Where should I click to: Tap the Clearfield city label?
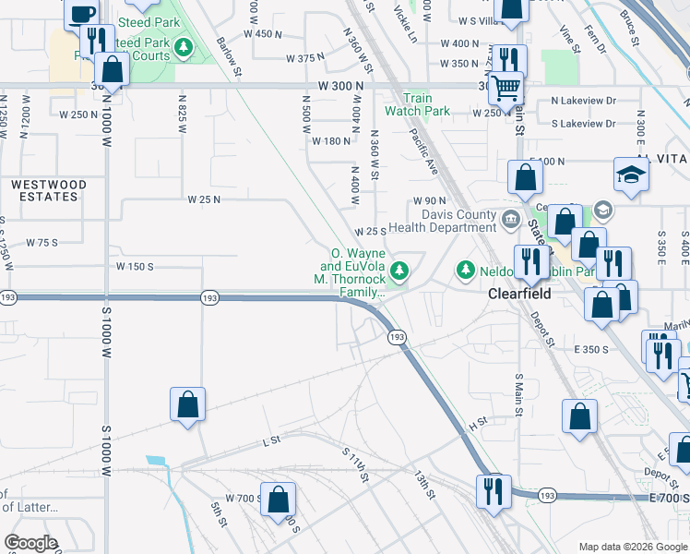[x=518, y=294]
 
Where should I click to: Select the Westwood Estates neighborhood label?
[x=49, y=190]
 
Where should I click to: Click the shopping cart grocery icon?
[x=506, y=88]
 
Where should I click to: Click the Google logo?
[x=30, y=543]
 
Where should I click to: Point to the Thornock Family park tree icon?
[x=399, y=271]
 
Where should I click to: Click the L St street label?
[x=270, y=442]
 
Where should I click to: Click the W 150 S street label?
[x=135, y=266]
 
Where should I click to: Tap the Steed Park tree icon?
[x=185, y=47]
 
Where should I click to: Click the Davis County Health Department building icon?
[x=511, y=219]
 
